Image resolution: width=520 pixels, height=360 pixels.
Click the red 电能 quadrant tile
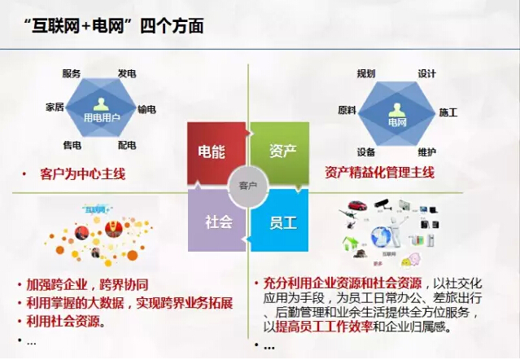point(214,152)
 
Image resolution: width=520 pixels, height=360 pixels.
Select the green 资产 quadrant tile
point(282,151)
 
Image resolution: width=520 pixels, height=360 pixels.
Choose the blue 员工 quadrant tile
point(282,222)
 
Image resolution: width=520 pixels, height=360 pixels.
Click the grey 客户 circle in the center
point(247,187)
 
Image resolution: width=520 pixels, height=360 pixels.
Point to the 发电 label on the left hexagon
point(126,73)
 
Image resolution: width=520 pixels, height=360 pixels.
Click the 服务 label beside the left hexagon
point(72,73)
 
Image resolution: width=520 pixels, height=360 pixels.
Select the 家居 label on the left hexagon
point(55,108)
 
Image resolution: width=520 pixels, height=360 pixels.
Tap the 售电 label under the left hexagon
point(72,145)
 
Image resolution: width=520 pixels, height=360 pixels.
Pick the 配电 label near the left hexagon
point(126,145)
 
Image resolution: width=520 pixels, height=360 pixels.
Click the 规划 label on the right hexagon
point(366,73)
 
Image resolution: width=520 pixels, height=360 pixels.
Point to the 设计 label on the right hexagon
point(426,73)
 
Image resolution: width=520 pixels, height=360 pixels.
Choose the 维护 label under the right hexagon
point(426,151)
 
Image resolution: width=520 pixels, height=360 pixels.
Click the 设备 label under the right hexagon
point(366,151)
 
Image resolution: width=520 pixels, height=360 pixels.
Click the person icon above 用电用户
point(100,103)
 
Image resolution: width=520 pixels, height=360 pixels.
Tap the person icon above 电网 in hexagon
point(397,108)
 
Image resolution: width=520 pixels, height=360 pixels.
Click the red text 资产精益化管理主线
point(379,173)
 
